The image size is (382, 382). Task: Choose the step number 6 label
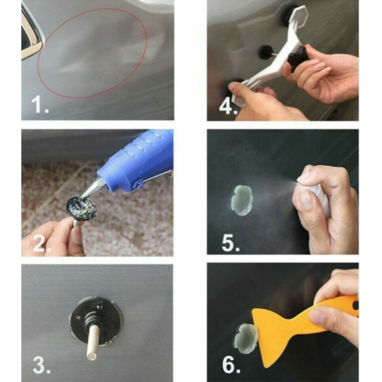click(230, 365)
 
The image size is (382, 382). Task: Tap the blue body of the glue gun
click(137, 166)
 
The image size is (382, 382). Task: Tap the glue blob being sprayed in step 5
click(241, 201)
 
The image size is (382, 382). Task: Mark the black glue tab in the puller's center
click(266, 52)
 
